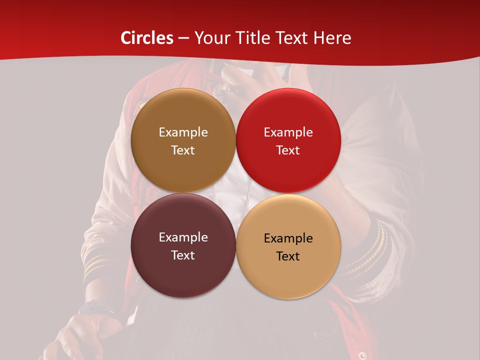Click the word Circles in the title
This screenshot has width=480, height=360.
pos(147,38)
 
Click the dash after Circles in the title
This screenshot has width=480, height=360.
pos(183,38)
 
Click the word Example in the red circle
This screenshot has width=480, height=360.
pos(288,132)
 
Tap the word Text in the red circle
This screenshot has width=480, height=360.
pos(288,150)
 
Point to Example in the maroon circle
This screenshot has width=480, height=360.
pos(183,237)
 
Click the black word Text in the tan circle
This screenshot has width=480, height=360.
pos(288,256)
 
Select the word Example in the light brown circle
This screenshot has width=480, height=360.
pos(183,132)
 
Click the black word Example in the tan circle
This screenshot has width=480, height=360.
pos(288,238)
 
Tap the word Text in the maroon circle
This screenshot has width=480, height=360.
pos(183,255)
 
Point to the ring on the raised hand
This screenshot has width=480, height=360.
pos(223,90)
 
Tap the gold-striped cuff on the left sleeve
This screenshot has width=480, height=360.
pos(97,265)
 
